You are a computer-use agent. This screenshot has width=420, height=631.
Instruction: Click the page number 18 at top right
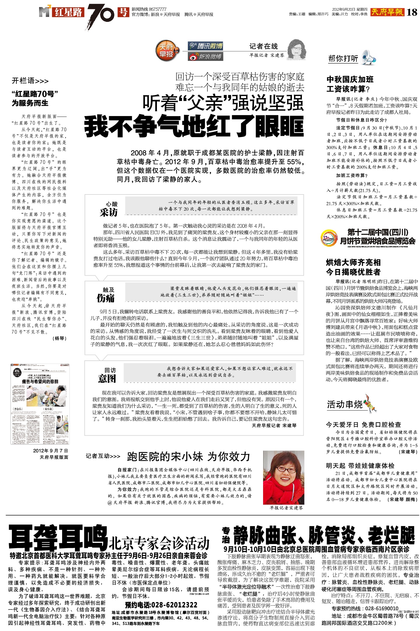coord(412,12)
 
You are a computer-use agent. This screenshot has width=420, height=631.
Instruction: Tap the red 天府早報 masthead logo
coord(388,12)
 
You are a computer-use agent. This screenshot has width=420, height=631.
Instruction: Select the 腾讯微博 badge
coord(205,46)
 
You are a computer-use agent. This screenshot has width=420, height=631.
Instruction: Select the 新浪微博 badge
coord(205,57)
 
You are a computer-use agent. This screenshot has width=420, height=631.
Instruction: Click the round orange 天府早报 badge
coord(167,51)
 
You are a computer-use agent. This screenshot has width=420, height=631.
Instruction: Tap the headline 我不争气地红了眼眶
coord(194,127)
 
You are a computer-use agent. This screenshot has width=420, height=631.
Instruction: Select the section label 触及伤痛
coord(106,295)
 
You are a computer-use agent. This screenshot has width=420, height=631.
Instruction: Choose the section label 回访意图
coord(107,375)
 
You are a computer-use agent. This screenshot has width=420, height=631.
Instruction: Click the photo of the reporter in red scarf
coord(283,477)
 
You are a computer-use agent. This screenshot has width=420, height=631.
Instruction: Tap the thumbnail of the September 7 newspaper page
coord(40,404)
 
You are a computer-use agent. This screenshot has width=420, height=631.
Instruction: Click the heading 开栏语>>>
coord(30,81)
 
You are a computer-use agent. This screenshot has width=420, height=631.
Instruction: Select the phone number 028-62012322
coord(161,605)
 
